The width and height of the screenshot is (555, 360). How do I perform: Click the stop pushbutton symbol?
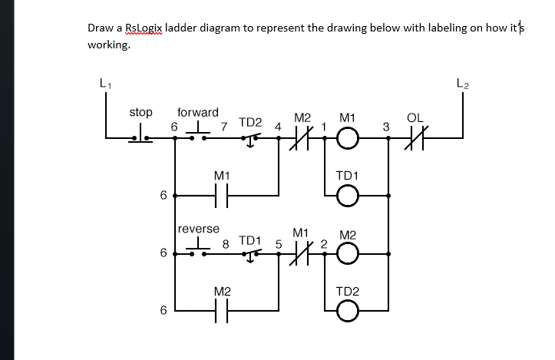(x=140, y=137)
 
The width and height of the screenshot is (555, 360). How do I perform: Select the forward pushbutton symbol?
(x=198, y=135)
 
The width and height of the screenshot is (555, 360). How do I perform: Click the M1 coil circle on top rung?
(x=348, y=139)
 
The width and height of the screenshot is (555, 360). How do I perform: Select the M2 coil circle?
(x=348, y=253)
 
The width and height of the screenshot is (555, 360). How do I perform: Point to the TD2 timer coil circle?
(x=348, y=311)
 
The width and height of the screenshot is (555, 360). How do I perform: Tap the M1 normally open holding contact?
(x=222, y=197)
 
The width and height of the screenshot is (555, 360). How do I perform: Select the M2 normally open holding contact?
(x=222, y=311)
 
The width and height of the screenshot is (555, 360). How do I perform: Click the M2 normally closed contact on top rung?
(x=302, y=139)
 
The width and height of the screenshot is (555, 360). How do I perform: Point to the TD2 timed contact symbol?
(x=251, y=139)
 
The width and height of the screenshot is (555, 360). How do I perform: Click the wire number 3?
(x=386, y=126)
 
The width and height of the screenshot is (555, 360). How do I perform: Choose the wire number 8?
(x=225, y=244)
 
